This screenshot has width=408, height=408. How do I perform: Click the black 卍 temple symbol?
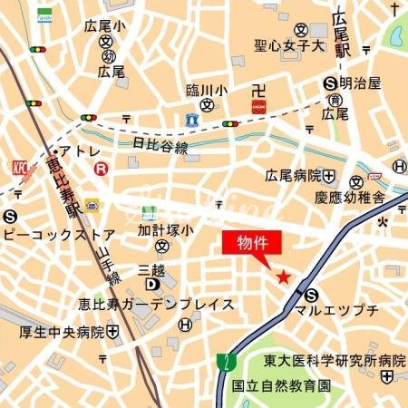[258, 89]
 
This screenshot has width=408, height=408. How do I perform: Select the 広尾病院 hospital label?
[294, 175]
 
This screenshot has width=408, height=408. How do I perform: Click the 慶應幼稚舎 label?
[350, 197]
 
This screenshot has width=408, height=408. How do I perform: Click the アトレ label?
[79, 151]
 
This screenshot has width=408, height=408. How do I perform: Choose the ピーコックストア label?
[59, 234]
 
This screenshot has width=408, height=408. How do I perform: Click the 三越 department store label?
[152, 270]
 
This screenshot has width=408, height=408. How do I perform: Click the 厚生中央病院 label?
[62, 332]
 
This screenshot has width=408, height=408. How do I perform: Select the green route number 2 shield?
[223, 362]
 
